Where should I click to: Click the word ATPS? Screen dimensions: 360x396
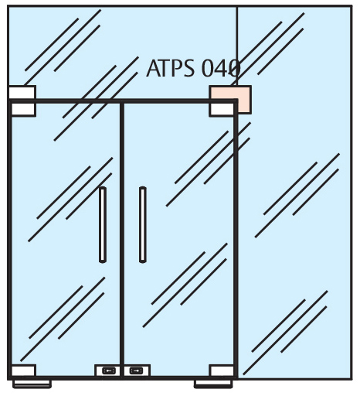tap(170, 68)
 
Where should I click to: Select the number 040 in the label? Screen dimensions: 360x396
tap(220, 68)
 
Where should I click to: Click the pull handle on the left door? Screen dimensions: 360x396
tap(103, 224)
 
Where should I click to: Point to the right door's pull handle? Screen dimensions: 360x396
tap(143, 224)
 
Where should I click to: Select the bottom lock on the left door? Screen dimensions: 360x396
tap(109, 370)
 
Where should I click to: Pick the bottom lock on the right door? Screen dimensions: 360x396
tap(136, 370)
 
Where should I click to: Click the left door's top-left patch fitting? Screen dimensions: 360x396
tap(23, 109)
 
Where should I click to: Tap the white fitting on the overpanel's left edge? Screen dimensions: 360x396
tap(22, 92)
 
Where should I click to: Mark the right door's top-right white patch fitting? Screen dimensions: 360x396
tap(222, 109)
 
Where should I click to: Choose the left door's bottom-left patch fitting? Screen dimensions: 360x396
tap(23, 370)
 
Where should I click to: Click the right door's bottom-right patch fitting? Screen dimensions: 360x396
tap(222, 370)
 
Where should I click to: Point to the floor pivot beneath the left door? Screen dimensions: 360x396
tap(32, 384)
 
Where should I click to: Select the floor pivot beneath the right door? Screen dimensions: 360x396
tap(213, 384)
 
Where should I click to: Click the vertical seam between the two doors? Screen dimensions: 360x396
tap(122, 240)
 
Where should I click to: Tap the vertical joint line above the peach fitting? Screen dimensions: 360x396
tap(237, 46)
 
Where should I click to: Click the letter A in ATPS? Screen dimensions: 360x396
tap(153, 68)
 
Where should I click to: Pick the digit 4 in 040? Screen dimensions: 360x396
tap(221, 68)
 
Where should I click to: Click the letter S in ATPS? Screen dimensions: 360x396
tap(188, 68)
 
